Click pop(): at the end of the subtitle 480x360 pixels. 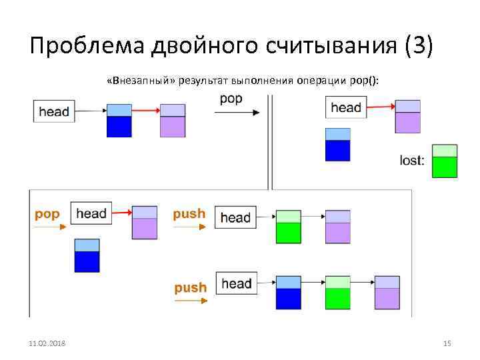[x=364, y=81]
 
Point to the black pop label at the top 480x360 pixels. [x=231, y=99]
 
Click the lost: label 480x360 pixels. [x=412, y=161]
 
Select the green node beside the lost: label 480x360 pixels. [x=445, y=161]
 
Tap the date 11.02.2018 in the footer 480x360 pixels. [x=52, y=343]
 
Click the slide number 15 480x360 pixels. [x=447, y=343]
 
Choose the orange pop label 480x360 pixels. [x=47, y=214]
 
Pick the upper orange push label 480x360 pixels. [x=189, y=214]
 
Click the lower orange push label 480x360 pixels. [x=190, y=287]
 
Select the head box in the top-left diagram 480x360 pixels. [x=54, y=111]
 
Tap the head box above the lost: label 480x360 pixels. [x=346, y=107]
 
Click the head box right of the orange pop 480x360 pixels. [x=91, y=213]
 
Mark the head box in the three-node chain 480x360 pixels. [x=236, y=284]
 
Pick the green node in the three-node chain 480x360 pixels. [x=338, y=293]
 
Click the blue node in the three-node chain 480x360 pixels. [x=289, y=293]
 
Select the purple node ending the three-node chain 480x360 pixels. [x=387, y=293]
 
